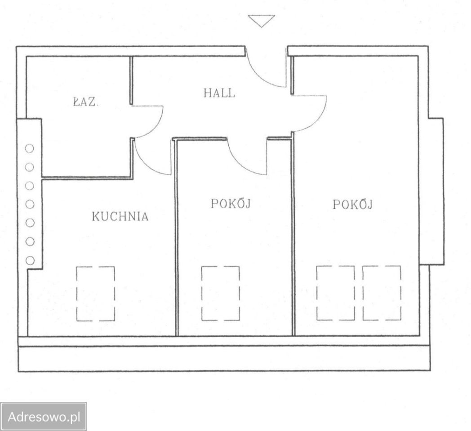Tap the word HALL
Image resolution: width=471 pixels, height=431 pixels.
[x=219, y=93]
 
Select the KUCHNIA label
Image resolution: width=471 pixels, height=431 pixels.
[x=120, y=216]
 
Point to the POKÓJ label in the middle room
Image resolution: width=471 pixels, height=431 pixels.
[x=231, y=203]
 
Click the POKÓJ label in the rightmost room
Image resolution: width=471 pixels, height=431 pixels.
[x=353, y=204]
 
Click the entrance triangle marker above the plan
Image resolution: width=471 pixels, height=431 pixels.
[x=261, y=21]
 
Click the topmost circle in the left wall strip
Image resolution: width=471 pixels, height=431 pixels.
[x=30, y=148]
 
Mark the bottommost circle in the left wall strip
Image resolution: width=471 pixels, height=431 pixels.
[x=30, y=260]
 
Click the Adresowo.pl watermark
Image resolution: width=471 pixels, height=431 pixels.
[x=44, y=417]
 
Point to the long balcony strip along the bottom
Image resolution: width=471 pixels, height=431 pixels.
[x=224, y=359]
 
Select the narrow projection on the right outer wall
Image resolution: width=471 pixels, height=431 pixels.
[x=436, y=191]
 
